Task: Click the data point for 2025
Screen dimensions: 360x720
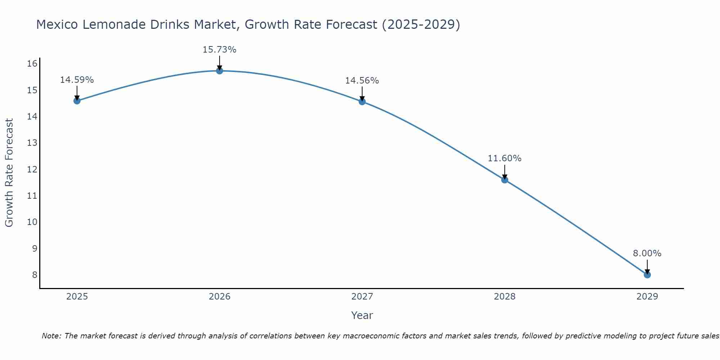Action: (77, 101)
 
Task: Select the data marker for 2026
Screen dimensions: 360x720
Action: (220, 71)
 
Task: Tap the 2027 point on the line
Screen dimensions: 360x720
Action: (362, 102)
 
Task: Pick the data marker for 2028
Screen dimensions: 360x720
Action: (505, 180)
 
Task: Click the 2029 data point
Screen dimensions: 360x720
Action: (647, 275)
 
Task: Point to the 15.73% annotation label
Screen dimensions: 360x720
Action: (219, 50)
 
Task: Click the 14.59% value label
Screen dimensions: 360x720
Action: (77, 80)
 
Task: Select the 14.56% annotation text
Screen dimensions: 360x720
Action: (362, 81)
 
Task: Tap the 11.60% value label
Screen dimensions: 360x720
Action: (504, 158)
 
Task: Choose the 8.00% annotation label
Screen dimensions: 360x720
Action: (647, 253)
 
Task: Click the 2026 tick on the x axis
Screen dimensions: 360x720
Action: (220, 297)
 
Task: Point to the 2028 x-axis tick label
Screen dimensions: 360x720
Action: (505, 297)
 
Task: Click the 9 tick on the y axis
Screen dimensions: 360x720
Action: (35, 248)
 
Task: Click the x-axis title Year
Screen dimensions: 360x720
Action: (362, 315)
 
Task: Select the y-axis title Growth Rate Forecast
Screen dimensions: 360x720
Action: (9, 173)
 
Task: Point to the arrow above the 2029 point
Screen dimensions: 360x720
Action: (647, 267)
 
